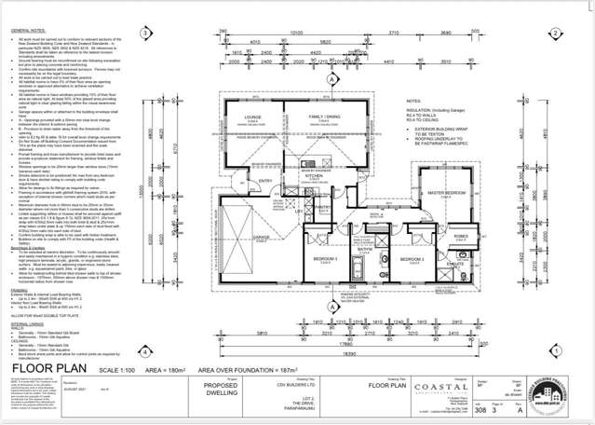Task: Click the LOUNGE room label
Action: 252,117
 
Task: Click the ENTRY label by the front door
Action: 265,181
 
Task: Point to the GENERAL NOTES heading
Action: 27,30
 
